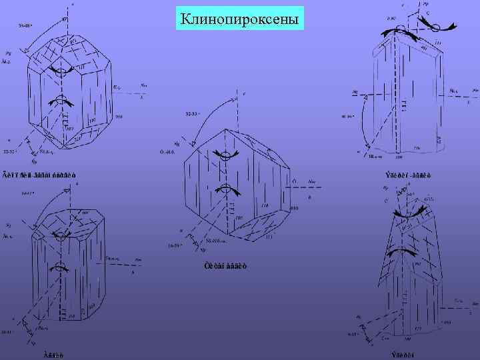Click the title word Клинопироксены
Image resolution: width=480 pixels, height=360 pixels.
click(x=240, y=18)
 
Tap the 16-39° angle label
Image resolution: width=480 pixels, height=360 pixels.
click(x=174, y=245)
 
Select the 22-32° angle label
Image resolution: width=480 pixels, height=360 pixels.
click(x=11, y=152)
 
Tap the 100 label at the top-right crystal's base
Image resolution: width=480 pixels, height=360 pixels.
click(x=399, y=157)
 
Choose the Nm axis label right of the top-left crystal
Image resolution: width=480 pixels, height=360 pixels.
click(x=144, y=85)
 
